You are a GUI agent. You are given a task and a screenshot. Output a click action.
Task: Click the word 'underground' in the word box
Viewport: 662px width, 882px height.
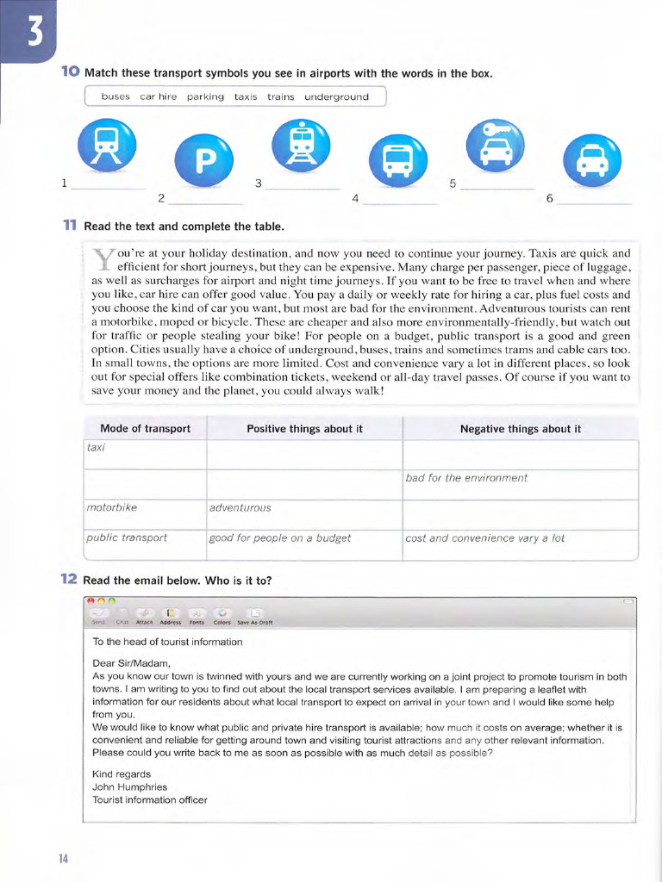pyautogui.click(x=330, y=97)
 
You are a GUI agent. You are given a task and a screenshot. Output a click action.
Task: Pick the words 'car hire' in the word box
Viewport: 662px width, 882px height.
pyautogui.click(x=158, y=97)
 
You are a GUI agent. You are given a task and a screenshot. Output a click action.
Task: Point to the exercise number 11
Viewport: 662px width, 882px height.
pyautogui.click(x=69, y=226)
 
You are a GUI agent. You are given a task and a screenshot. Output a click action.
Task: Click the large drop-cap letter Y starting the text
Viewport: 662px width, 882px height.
pyautogui.click(x=103, y=259)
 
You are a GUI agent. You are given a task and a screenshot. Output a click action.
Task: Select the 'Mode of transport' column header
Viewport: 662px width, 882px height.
pyautogui.click(x=145, y=429)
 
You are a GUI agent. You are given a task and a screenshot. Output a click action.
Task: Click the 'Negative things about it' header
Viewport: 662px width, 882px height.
pyautogui.click(x=520, y=429)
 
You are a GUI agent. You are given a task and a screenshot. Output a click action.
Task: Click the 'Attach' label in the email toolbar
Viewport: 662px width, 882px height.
pyautogui.click(x=144, y=622)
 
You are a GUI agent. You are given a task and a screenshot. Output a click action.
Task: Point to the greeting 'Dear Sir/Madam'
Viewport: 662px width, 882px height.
pyautogui.click(x=132, y=663)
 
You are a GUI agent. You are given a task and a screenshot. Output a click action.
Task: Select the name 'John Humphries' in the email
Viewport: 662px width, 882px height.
pyautogui.click(x=129, y=787)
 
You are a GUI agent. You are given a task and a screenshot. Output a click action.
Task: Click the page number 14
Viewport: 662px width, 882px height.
pyautogui.click(x=64, y=859)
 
